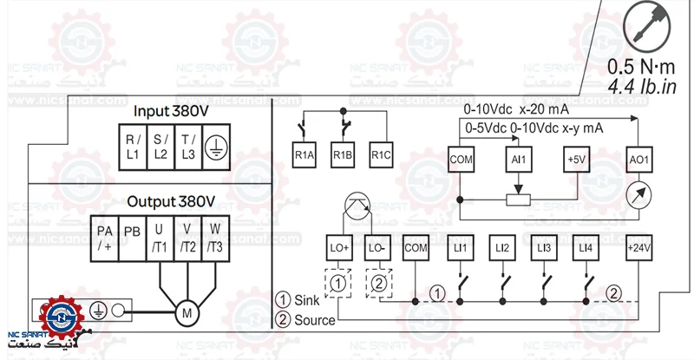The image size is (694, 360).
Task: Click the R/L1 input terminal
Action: [132, 146]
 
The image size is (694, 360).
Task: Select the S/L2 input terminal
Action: [161, 146]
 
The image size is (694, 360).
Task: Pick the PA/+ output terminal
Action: [105, 237]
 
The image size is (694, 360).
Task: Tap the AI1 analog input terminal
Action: [518, 160]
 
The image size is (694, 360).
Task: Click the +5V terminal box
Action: [576, 160]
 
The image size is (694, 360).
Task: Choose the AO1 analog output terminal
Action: [638, 160]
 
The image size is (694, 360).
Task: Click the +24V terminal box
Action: [638, 248]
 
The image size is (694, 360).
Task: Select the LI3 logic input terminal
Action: [544, 248]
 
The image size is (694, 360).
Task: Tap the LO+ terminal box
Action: [338, 248]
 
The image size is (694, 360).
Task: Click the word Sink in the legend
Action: [308, 301]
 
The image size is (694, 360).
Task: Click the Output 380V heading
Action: [171, 201]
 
